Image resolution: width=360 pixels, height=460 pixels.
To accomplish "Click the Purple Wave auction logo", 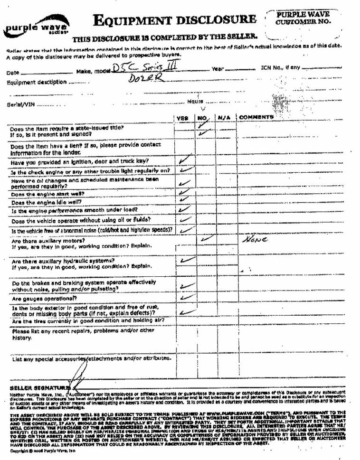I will (36, 27).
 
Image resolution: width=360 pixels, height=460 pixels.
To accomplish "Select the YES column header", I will (183, 118).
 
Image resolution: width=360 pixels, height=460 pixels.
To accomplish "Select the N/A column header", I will (224, 118).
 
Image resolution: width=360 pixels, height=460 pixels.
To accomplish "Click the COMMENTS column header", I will (256, 117).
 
